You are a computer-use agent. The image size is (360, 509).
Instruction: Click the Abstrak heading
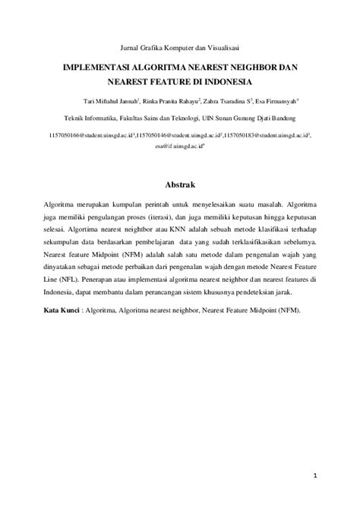(180, 185)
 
